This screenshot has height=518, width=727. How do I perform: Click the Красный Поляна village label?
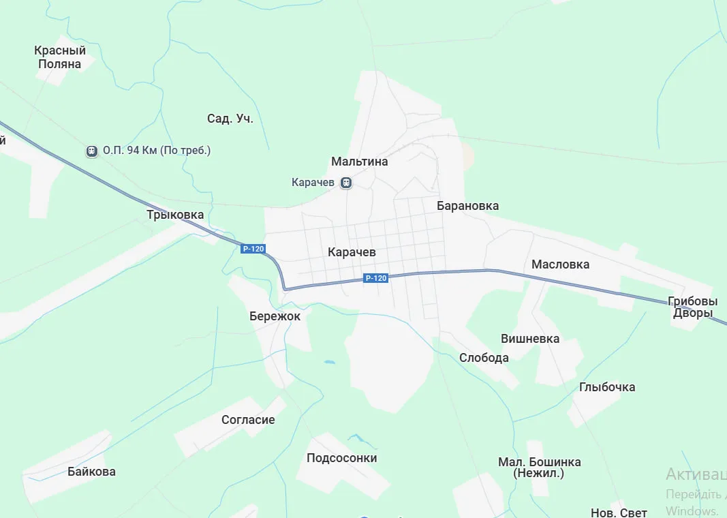pos(60,57)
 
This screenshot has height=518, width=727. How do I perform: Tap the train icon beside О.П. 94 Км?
pos(92,151)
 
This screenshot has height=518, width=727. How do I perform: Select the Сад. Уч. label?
pos(230,119)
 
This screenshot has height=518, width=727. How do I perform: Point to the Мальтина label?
pos(360,162)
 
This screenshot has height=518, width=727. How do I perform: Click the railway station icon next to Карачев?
pos(346,183)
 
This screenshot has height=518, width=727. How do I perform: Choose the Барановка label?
pos(467,206)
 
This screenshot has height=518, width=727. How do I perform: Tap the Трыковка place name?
pos(175,215)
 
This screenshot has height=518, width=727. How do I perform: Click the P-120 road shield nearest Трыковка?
pos(253,249)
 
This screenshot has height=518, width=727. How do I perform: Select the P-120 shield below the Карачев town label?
pos(376,277)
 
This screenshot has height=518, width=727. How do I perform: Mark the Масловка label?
pos(561,264)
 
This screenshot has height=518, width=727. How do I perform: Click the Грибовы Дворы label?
pos(693,307)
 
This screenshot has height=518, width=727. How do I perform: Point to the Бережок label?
pos(275,316)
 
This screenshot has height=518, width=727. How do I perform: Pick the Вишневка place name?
pos(530,339)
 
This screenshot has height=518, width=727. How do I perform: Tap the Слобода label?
pos(484,358)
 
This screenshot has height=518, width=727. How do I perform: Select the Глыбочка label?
pos(607,387)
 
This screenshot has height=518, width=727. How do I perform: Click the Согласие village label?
pos(248,420)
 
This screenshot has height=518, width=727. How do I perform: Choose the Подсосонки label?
pos(341,458)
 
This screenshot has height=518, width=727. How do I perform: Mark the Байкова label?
pos(91,472)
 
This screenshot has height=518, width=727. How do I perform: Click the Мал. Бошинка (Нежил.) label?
pos(539,468)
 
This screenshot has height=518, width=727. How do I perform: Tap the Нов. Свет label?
pos(619,512)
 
